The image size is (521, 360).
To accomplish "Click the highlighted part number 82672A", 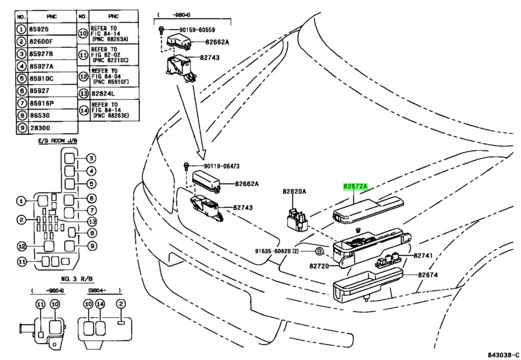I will (x=355, y=187).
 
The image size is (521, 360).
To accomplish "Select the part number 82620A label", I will (x=294, y=192).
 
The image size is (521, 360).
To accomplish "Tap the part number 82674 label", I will (x=428, y=275).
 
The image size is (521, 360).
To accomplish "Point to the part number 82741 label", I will (x=423, y=255).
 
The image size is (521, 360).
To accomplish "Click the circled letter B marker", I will (x=319, y=252).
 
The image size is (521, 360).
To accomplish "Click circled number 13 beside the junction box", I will (x=92, y=221).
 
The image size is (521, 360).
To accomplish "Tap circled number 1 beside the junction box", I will (x=21, y=202).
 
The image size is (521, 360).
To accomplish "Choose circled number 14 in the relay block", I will (x=101, y=304).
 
